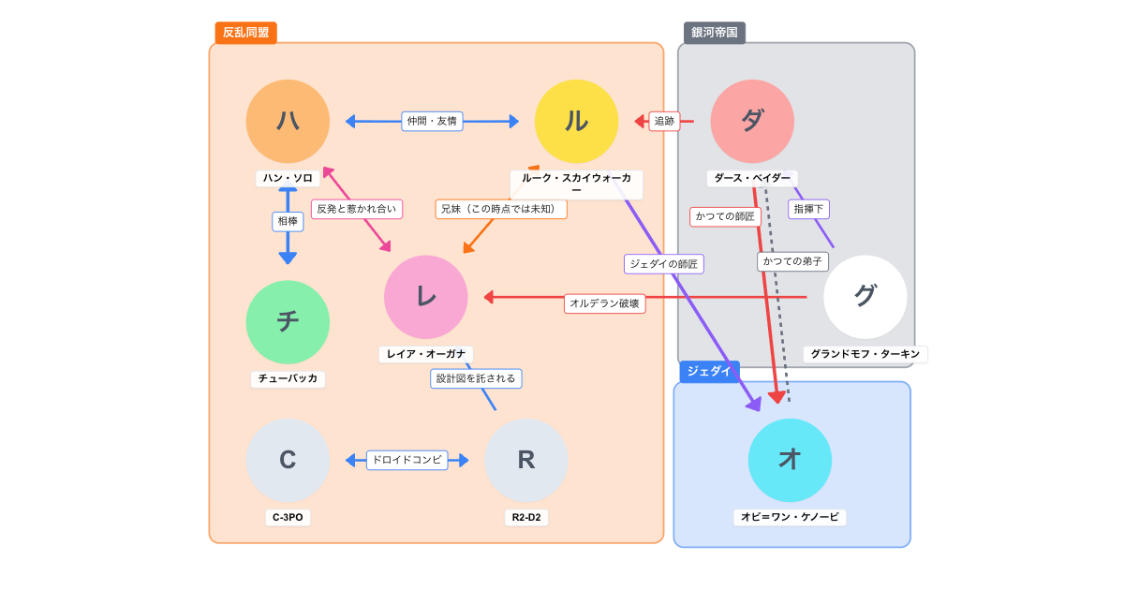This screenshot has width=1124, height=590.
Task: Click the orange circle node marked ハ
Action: (288, 121)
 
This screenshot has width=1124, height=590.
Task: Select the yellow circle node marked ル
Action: (576, 121)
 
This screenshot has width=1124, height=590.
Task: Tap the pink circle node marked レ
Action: (426, 297)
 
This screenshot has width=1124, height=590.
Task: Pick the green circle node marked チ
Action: (288, 322)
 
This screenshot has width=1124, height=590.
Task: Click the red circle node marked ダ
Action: (752, 121)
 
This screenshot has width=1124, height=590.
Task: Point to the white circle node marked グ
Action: (865, 297)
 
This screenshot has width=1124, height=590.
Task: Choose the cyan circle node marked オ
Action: (790, 460)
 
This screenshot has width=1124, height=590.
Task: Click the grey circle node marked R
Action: (526, 460)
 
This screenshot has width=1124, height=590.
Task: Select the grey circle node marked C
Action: (288, 460)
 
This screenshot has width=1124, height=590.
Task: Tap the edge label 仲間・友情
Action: (432, 121)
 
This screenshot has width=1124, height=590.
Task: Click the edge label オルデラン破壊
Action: (604, 303)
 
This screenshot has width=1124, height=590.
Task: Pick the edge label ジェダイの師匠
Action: (663, 264)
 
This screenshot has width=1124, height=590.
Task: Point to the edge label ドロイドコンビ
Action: (407, 460)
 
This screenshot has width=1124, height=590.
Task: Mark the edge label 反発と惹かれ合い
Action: (357, 209)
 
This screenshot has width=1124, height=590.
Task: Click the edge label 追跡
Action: (664, 121)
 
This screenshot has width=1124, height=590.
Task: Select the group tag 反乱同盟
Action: (245, 33)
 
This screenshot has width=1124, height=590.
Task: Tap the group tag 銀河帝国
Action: (715, 33)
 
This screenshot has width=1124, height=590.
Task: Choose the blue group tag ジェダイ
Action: (709, 371)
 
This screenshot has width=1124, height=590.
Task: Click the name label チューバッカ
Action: (288, 379)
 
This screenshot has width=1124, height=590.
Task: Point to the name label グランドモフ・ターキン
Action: (865, 354)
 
